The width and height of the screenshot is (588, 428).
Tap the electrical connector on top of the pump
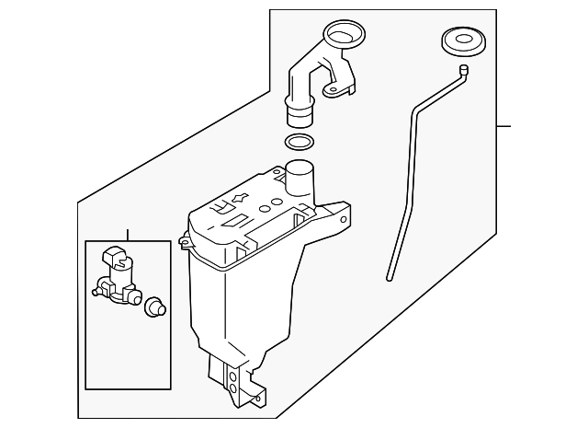pos(116,257)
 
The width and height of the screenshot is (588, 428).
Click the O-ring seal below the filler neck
pos(298,143)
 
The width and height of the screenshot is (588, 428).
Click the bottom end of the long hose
pos(390,275)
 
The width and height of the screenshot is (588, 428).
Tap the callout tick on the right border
pos(503,125)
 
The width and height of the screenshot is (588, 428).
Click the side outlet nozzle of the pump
pos(96,294)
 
